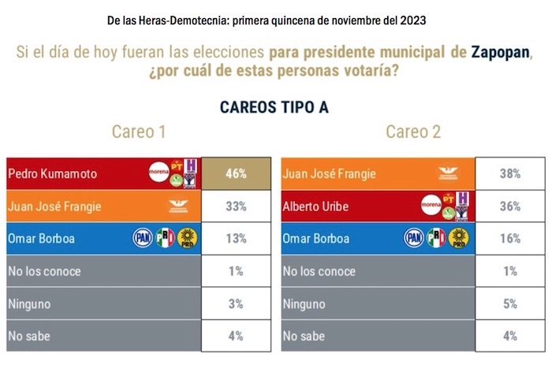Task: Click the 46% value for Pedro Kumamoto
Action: (x=235, y=173)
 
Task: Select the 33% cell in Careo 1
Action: (x=235, y=206)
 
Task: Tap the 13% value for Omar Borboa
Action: (x=235, y=239)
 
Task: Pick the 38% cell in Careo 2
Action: (x=510, y=173)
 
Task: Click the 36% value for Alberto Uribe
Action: (x=510, y=206)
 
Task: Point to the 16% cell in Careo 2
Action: (x=510, y=239)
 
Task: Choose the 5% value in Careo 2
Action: (x=510, y=303)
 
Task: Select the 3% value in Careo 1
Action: (x=235, y=303)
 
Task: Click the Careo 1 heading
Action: (x=138, y=132)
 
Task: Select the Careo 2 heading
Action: (x=413, y=132)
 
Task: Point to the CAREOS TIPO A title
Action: (x=274, y=106)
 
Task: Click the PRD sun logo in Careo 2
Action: (x=459, y=238)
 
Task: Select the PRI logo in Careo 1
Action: (x=164, y=238)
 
